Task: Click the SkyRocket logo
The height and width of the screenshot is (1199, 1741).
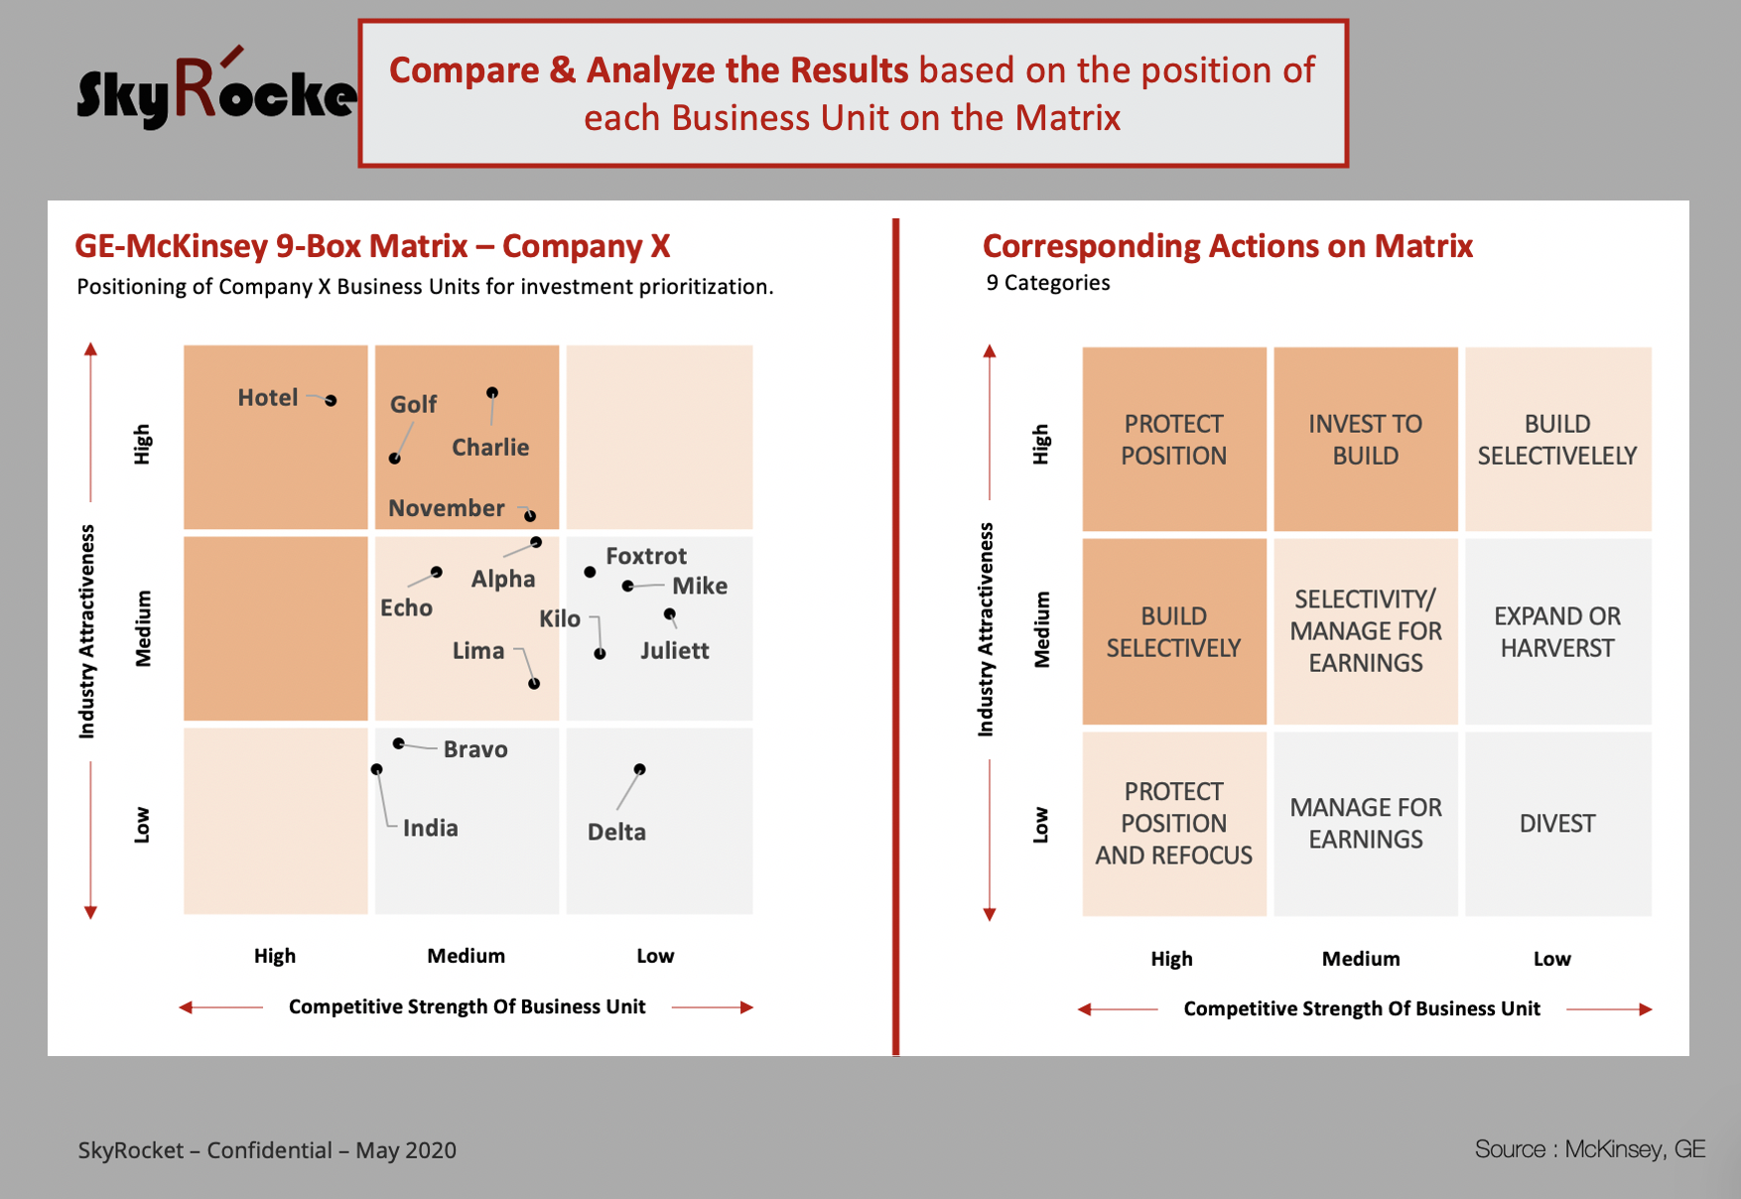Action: (x=216, y=89)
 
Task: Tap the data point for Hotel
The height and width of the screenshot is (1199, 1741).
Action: (x=331, y=400)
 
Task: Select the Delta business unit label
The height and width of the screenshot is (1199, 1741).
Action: (x=616, y=832)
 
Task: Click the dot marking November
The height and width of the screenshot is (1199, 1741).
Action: (x=530, y=515)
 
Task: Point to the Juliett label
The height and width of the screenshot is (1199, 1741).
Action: (x=675, y=650)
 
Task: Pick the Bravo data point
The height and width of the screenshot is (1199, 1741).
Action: (x=398, y=743)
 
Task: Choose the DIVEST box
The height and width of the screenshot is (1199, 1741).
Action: (x=1558, y=824)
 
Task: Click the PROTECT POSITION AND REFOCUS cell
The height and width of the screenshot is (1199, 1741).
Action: (x=1174, y=824)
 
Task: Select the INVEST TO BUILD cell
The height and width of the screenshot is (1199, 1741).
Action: (x=1366, y=439)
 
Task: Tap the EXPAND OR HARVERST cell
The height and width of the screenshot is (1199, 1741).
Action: (x=1558, y=631)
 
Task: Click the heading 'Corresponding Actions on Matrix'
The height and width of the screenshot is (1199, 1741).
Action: (x=1228, y=245)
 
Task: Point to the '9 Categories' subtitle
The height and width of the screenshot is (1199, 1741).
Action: (x=1048, y=283)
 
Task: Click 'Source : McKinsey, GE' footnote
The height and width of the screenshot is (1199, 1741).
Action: (x=1590, y=1149)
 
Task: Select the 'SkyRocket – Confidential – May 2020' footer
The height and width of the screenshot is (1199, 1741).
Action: (x=267, y=1150)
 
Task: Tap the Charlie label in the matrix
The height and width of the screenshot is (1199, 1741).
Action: (x=490, y=448)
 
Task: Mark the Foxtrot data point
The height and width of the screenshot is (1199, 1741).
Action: (x=590, y=572)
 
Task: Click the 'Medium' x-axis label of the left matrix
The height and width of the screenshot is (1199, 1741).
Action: (x=467, y=956)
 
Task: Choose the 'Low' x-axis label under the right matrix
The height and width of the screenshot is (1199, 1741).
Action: (x=1552, y=959)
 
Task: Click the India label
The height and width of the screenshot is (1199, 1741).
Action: (x=431, y=828)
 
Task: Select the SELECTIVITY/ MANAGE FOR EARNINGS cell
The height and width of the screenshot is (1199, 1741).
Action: (x=1366, y=631)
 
